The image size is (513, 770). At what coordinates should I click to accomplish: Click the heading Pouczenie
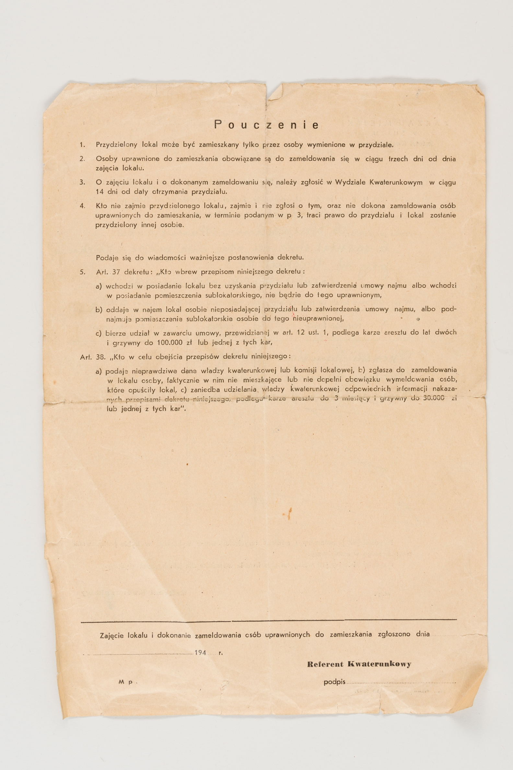point(266,125)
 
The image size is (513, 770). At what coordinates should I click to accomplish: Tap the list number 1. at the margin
point(82,145)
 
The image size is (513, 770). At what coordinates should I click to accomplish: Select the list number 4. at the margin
point(82,206)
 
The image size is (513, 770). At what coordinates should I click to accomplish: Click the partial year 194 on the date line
point(200,653)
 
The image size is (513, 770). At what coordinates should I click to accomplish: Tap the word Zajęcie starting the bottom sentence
point(111,635)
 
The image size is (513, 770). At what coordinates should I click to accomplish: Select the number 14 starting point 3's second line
point(99,192)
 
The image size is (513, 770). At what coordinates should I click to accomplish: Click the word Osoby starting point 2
point(107,159)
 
